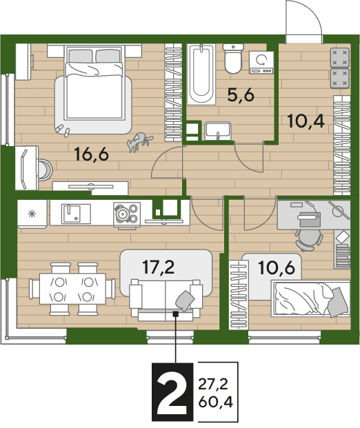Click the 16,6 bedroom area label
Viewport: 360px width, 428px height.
click(x=92, y=154)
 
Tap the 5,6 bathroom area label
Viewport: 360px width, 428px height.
click(x=241, y=95)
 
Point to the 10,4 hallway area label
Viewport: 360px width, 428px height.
click(x=306, y=121)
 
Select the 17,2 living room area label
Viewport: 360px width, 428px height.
click(x=159, y=267)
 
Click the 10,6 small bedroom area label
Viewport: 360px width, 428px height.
click(x=277, y=267)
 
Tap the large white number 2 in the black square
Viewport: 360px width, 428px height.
click(x=172, y=392)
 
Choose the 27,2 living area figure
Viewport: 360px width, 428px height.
click(x=213, y=385)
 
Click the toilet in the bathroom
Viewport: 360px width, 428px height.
click(x=233, y=59)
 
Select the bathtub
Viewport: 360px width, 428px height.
click(x=201, y=74)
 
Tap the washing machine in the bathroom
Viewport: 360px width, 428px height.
click(x=261, y=63)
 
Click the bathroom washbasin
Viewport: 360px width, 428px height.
click(x=218, y=131)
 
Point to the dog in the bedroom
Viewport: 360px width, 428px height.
click(x=140, y=141)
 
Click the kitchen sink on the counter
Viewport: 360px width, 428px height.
click(x=71, y=214)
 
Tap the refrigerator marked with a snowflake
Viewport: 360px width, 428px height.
click(x=32, y=214)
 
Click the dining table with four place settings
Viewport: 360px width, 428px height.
click(x=72, y=289)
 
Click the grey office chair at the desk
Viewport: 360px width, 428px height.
click(x=309, y=239)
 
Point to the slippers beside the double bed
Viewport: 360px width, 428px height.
click(x=63, y=130)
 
